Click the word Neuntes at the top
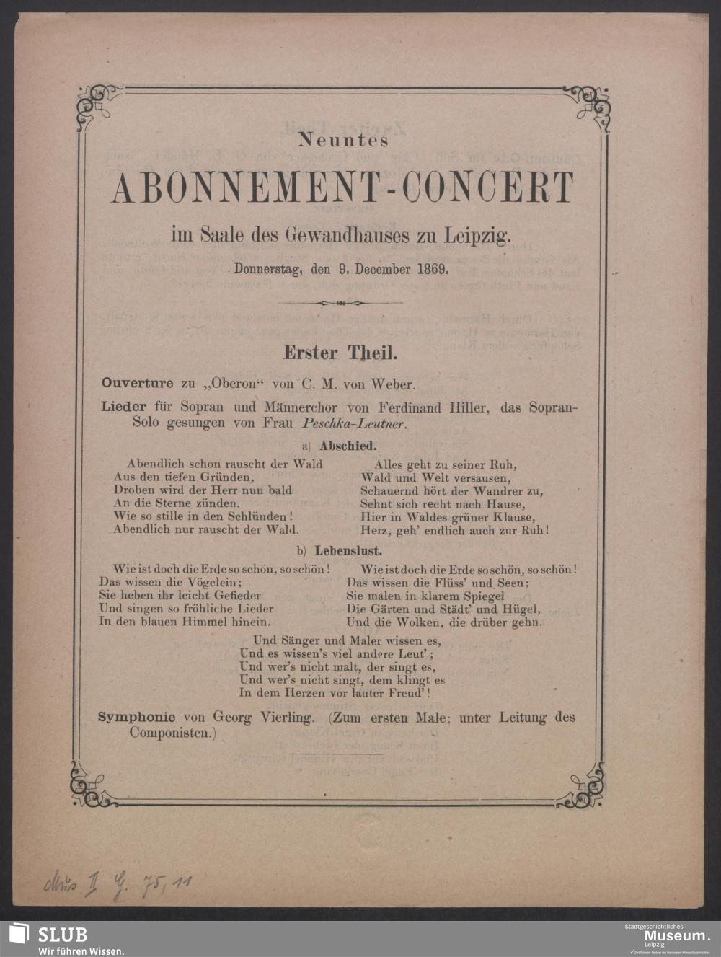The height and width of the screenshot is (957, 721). (x=343, y=139)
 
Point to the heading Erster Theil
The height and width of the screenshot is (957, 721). (x=340, y=353)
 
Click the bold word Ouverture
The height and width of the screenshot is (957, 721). (x=137, y=383)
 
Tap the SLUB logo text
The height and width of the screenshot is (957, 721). (x=62, y=935)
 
